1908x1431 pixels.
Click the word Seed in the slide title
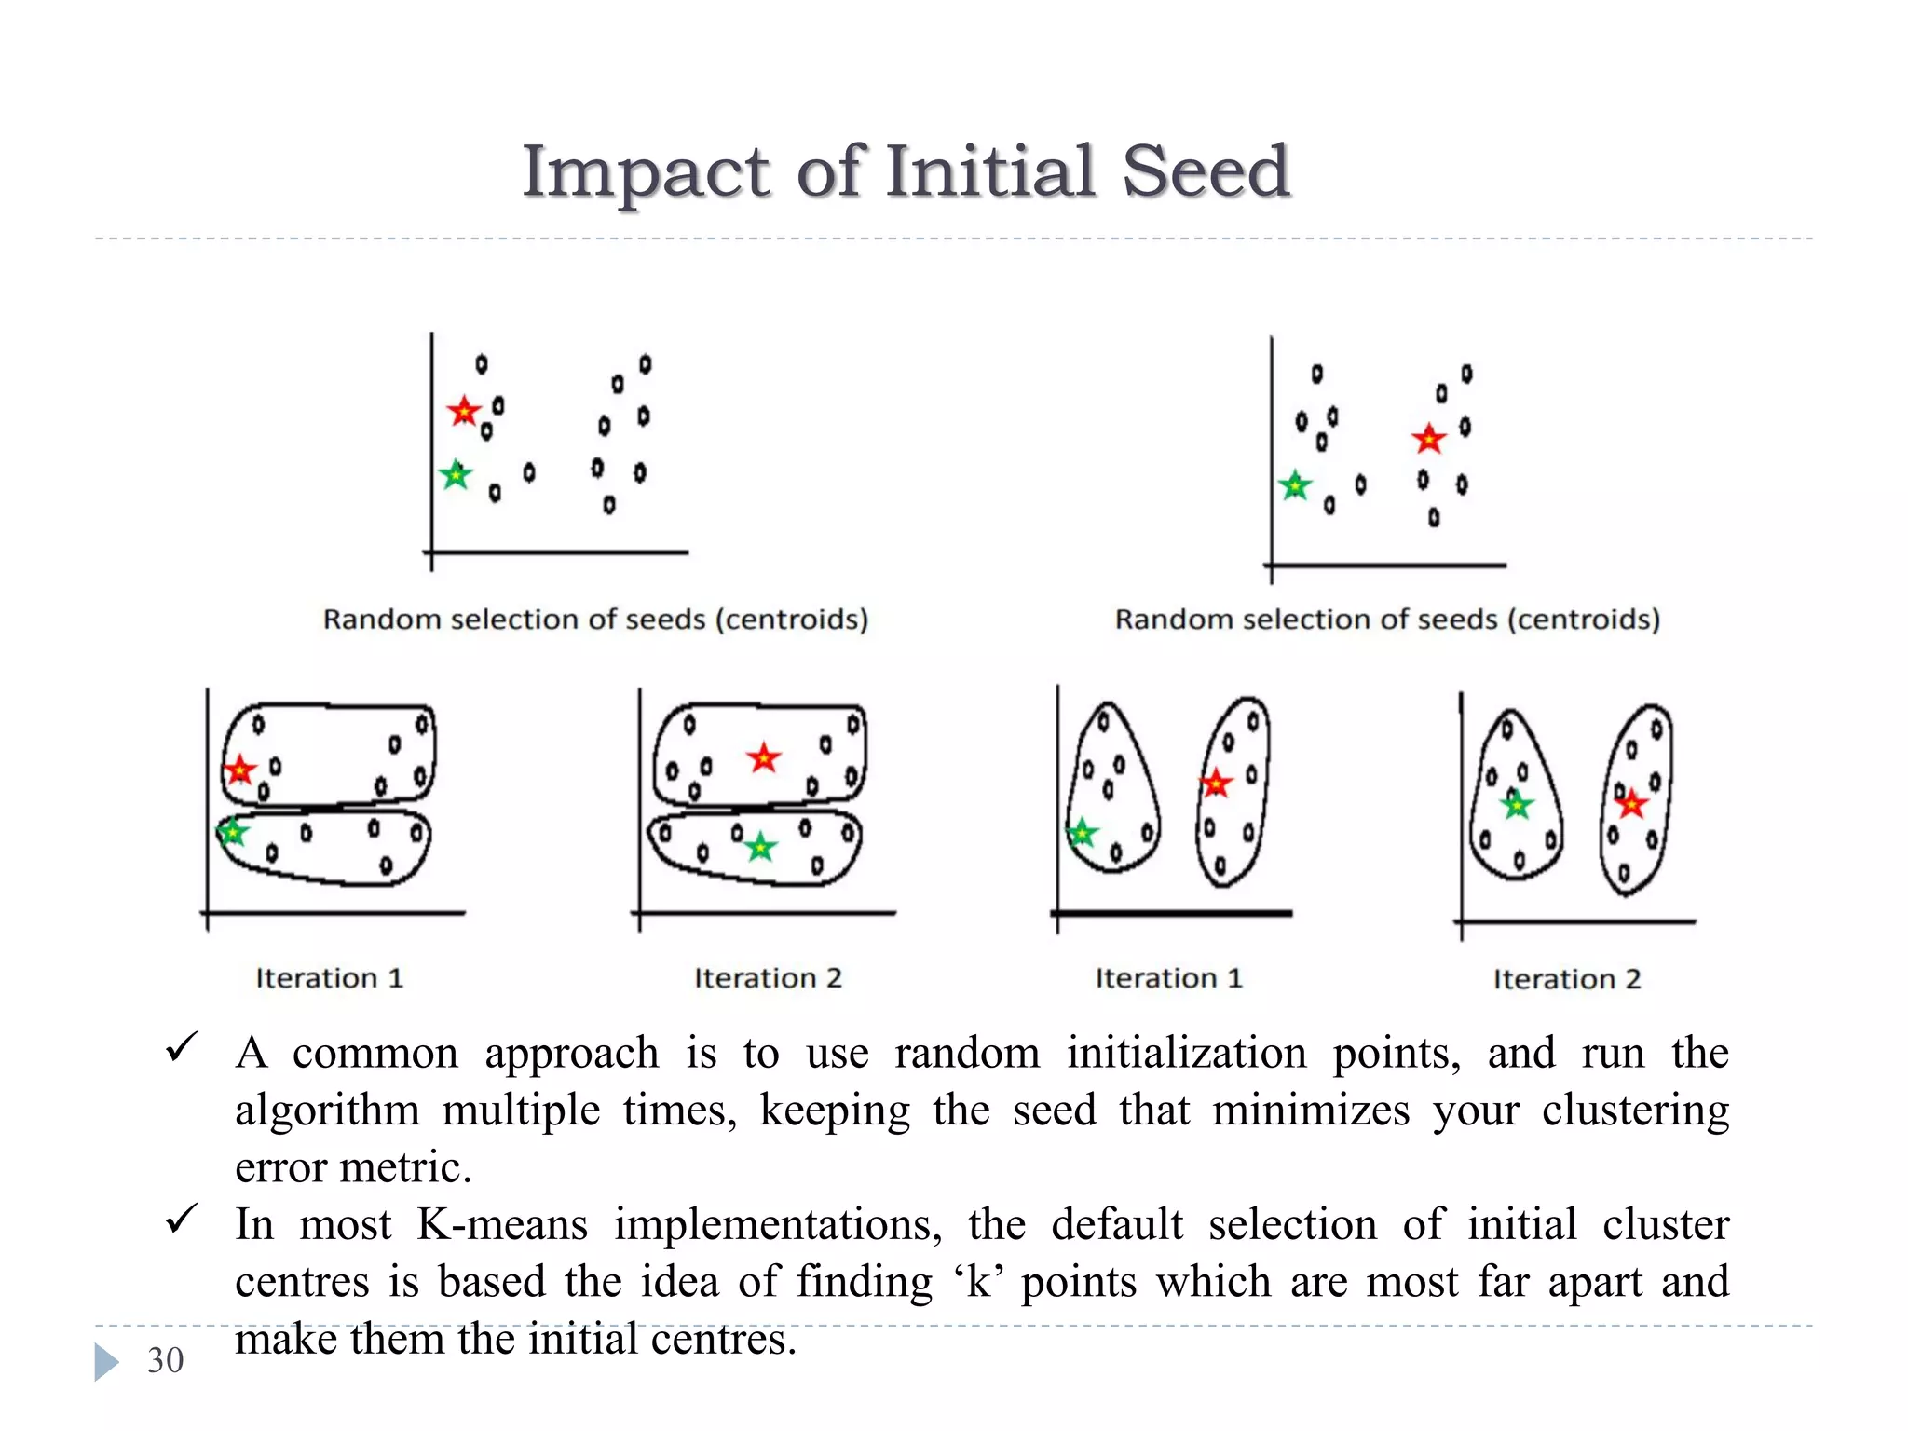(1206, 171)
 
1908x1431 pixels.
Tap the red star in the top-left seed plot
(463, 411)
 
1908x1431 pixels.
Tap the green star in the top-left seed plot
(456, 475)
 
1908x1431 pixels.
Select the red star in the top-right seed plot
(1428, 438)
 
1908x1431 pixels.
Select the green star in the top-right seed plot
(1295, 485)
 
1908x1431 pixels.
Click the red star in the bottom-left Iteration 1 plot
(240, 770)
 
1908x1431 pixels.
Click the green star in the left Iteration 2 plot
(761, 847)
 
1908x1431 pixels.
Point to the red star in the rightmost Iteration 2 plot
(1631, 803)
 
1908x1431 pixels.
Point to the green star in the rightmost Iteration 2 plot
(1517, 804)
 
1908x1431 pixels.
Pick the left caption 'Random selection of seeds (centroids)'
(595, 620)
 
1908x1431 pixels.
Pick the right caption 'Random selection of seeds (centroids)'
(1387, 620)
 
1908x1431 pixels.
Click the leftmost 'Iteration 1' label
(330, 978)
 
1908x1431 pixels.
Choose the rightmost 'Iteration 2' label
(1567, 979)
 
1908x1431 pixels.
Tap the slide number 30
(165, 1360)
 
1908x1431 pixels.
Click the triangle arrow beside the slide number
(106, 1361)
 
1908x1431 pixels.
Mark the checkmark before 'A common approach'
(181, 1047)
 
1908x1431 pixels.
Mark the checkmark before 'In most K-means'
(181, 1218)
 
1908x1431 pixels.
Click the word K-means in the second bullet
(502, 1224)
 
